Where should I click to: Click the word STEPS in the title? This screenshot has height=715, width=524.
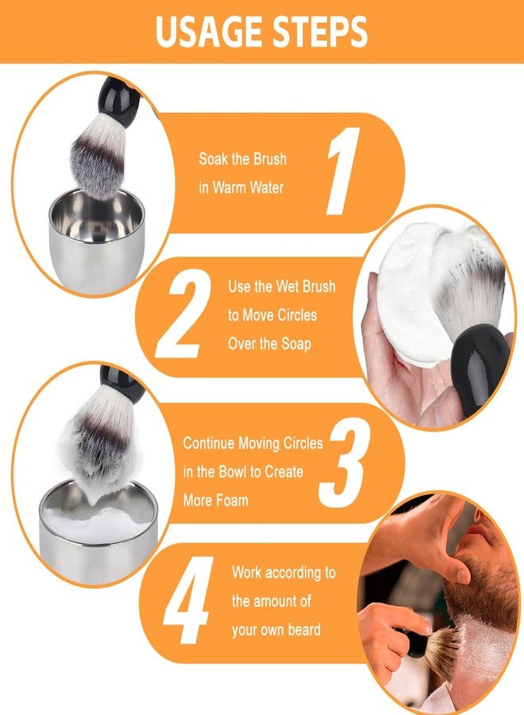pyautogui.click(x=320, y=32)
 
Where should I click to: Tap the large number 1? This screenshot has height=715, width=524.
pyautogui.click(x=343, y=171)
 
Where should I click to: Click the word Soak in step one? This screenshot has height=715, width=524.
pyautogui.click(x=213, y=159)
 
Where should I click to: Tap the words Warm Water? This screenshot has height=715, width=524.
pyautogui.click(x=248, y=187)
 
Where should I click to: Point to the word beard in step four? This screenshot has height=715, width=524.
pyautogui.click(x=304, y=630)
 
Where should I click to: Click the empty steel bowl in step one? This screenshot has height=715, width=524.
pyautogui.click(x=97, y=242)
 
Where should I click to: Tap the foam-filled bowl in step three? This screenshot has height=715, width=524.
pyautogui.click(x=98, y=532)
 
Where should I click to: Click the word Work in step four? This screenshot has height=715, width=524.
pyautogui.click(x=246, y=572)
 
